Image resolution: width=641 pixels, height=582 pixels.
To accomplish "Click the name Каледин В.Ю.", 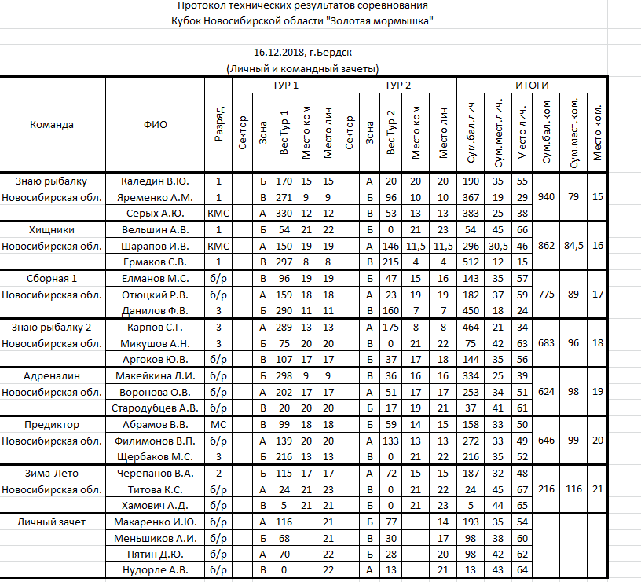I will [156, 181].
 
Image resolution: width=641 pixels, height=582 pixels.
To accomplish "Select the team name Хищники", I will [52, 230].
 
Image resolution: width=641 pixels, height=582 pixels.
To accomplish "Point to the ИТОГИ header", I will [532, 85].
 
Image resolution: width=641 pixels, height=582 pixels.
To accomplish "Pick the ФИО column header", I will [156, 124].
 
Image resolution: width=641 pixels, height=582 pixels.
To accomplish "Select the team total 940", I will [546, 196].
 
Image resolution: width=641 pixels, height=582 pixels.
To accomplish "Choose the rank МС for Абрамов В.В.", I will [218, 425].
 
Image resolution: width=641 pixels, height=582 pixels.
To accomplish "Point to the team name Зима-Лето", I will [52, 474].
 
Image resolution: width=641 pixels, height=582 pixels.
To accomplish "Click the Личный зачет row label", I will [52, 522].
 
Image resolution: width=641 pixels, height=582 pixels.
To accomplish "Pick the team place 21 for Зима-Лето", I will [598, 489].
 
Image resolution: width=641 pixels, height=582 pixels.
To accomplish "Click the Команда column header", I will [52, 124].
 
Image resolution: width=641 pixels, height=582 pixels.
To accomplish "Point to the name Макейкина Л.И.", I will [156, 376].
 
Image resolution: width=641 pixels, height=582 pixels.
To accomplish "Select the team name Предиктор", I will [52, 425].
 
